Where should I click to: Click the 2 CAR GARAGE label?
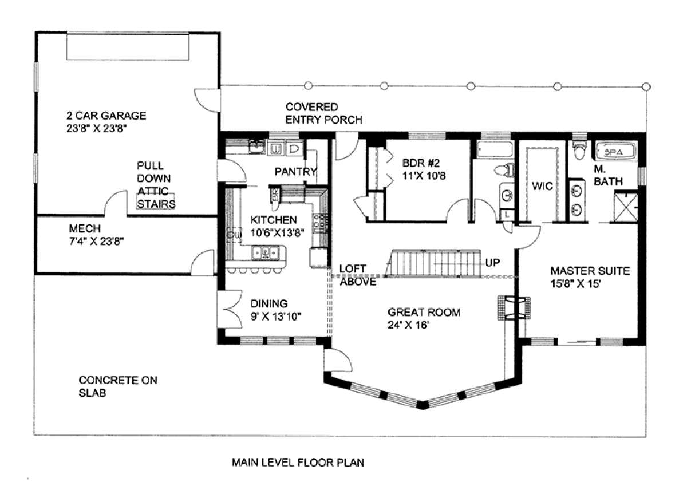pos(106,116)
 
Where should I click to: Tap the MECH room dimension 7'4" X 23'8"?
pos(96,242)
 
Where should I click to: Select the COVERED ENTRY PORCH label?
pos(323,113)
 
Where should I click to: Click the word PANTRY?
pos(295,172)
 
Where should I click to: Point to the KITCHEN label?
pos(274,220)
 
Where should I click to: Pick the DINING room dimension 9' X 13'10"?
pos(276,316)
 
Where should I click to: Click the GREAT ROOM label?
pos(424,312)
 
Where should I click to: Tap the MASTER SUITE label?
pos(590,271)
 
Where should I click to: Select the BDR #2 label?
pos(421,163)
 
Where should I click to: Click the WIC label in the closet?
pos(542,186)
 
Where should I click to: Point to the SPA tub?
pos(617,152)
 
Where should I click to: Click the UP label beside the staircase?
pos(492,263)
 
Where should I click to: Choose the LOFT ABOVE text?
pos(358,275)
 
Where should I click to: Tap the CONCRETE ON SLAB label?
pos(118,386)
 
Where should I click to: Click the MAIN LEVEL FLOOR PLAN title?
pos(298,463)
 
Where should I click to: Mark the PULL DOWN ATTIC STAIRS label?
pos(156,185)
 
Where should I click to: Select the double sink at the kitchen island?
pos(265,253)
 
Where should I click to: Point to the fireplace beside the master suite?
pos(514,308)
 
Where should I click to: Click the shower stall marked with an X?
pos(626,207)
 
